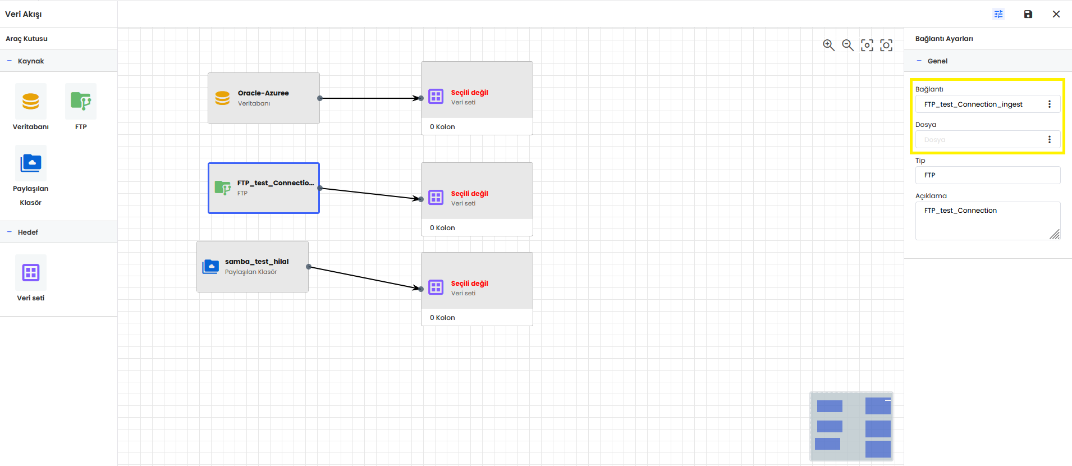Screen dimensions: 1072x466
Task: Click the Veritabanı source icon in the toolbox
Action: tap(31, 101)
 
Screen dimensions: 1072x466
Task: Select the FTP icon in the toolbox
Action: tap(81, 101)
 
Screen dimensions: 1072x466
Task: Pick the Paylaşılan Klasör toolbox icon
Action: tap(31, 163)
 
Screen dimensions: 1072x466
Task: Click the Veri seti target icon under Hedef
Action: tap(31, 272)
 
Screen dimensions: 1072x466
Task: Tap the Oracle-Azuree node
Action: tap(264, 98)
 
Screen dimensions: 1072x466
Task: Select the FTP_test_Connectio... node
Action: tap(264, 188)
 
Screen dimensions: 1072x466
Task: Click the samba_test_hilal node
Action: tap(253, 267)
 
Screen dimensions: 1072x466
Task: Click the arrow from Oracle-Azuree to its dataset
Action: tap(370, 98)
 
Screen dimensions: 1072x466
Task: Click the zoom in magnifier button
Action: tap(828, 45)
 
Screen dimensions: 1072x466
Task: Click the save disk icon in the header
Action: tap(1028, 14)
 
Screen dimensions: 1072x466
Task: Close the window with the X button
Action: tap(1056, 14)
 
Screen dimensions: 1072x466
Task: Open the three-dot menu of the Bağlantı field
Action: tap(1049, 104)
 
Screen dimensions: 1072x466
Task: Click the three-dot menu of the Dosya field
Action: tap(1049, 139)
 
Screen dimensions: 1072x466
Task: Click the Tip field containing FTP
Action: tap(988, 175)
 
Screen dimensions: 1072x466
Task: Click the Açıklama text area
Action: tap(988, 221)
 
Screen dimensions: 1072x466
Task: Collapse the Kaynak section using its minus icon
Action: tap(9, 61)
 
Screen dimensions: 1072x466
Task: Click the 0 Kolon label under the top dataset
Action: tap(442, 127)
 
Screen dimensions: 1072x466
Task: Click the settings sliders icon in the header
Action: tap(998, 14)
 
